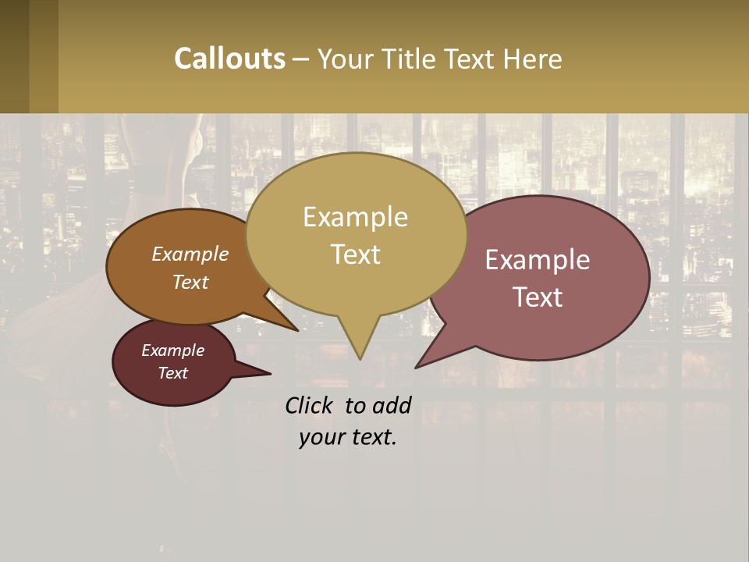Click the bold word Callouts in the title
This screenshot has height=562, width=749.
click(x=229, y=59)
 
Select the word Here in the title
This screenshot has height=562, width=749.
click(x=533, y=59)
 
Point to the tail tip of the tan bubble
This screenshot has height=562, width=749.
click(x=360, y=358)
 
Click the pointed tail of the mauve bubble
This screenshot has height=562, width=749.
click(x=417, y=366)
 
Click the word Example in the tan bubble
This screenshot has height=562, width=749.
click(x=355, y=217)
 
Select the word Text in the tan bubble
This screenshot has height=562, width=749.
click(x=355, y=254)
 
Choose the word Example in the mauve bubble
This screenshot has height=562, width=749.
click(x=538, y=260)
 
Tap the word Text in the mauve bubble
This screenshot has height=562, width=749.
click(x=538, y=297)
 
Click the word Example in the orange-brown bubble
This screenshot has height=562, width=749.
click(x=190, y=254)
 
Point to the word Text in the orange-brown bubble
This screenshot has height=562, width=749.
click(x=190, y=282)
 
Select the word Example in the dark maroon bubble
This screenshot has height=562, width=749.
click(x=173, y=350)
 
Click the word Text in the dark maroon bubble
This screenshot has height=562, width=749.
click(x=173, y=373)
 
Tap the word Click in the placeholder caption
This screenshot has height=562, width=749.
click(x=309, y=405)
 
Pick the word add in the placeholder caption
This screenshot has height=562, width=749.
click(x=392, y=405)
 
